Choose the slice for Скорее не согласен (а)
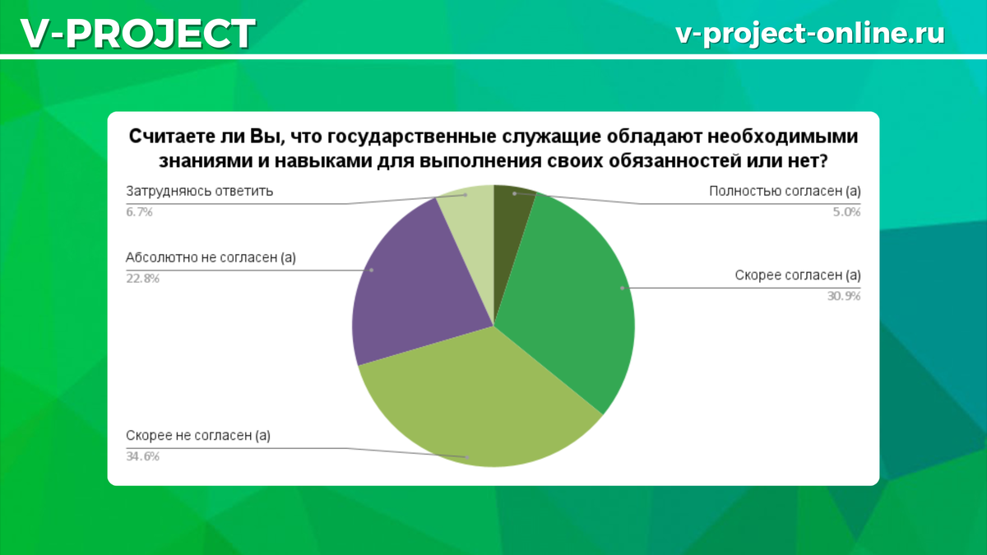[476, 405]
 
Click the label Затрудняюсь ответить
[200, 192]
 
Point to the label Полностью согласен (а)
[785, 192]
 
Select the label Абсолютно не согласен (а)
[211, 257]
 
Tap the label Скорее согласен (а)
[798, 275]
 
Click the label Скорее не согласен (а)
[198, 436]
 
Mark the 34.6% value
[142, 456]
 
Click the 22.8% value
[142, 279]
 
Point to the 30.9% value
[844, 296]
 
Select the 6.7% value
[139, 212]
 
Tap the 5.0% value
[846, 212]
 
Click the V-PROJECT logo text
[138, 34]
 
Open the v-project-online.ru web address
[810, 34]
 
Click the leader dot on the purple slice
[372, 270]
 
